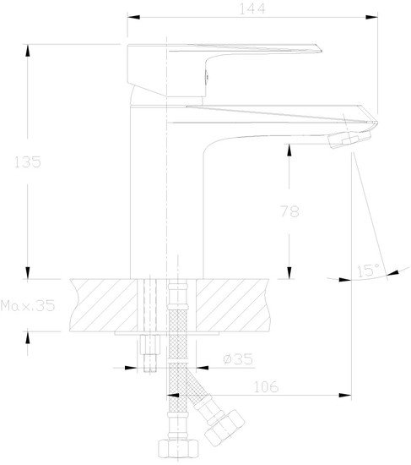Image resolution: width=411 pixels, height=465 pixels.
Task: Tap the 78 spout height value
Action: click(289, 211)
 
